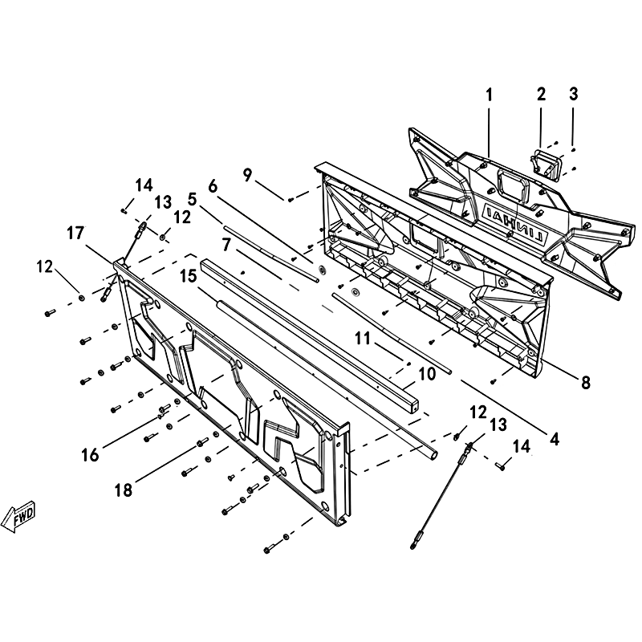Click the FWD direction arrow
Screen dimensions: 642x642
[x=18, y=516]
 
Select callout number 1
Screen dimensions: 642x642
[x=489, y=95]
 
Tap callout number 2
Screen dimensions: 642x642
[x=541, y=94]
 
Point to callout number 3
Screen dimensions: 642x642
[x=573, y=94]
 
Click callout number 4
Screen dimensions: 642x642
[x=554, y=439]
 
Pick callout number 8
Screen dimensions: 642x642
[x=586, y=383]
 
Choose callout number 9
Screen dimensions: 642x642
[x=247, y=175]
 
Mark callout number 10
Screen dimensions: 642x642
[x=427, y=374]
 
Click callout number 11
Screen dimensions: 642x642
[x=363, y=339]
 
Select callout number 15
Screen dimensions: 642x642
[x=189, y=276]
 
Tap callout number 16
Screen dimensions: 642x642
[x=90, y=454]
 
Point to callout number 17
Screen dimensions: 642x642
[x=75, y=234]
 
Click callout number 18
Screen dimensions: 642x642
[x=124, y=490]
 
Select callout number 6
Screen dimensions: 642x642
[x=213, y=187]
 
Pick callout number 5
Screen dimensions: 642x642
[x=192, y=199]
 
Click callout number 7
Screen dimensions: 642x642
[x=226, y=245]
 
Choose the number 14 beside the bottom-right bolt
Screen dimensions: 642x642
[x=521, y=446]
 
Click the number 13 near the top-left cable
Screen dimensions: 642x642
[x=163, y=202]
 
